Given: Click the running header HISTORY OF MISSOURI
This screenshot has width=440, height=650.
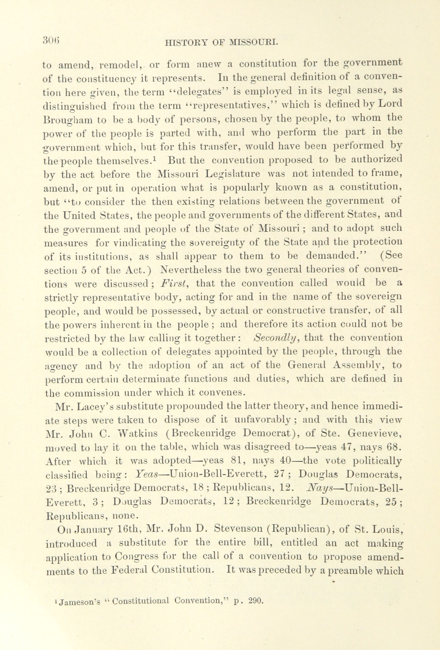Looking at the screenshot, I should click(x=221, y=43).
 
